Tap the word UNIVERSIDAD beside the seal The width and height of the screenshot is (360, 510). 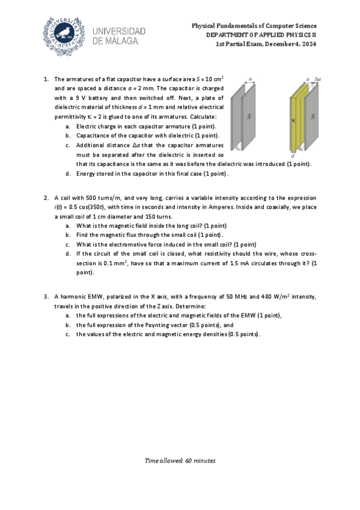(x=120, y=31)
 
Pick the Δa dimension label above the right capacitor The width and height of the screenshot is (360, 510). (x=317, y=79)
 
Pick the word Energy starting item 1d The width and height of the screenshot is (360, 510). (x=85, y=174)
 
